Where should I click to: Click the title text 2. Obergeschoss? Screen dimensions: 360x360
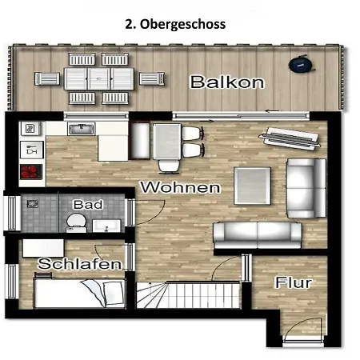[175, 24]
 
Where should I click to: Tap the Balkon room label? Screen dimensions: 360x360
[227, 82]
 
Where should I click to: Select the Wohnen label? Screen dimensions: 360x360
[181, 187]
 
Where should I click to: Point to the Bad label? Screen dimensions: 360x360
[88, 205]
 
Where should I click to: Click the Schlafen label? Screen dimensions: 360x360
[80, 264]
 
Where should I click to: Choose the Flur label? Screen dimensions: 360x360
[294, 282]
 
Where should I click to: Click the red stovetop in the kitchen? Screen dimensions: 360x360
[31, 172]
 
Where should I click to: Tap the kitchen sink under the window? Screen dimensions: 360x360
[82, 129]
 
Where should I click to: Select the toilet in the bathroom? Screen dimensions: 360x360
[76, 222]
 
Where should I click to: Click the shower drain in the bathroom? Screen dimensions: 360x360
[33, 204]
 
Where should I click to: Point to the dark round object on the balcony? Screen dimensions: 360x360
[301, 64]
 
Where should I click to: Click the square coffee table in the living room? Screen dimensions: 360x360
[252, 186]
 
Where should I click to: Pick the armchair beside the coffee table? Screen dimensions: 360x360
[306, 188]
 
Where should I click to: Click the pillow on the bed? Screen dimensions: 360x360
[114, 293]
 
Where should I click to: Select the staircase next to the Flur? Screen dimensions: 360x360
[188, 294]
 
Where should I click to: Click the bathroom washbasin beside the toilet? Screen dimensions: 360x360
[106, 226]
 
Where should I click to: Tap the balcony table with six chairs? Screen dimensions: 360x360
[99, 78]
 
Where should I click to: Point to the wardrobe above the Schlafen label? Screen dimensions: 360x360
[43, 248]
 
